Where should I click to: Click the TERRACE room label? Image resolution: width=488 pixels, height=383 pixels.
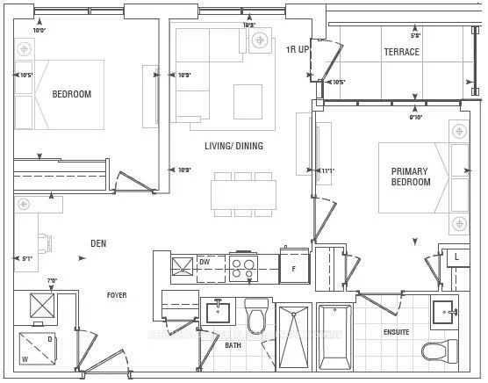[x=401, y=52]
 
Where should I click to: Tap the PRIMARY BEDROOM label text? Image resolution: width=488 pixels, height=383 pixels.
[x=411, y=177]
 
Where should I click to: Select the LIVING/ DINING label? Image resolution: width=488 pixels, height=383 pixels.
[x=233, y=146]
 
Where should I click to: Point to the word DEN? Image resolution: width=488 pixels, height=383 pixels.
[x=98, y=243]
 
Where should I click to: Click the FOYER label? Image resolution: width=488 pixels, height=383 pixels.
[x=117, y=295]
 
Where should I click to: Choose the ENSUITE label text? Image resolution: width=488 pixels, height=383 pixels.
[x=396, y=332]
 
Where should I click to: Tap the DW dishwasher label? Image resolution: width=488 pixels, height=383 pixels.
[x=204, y=262]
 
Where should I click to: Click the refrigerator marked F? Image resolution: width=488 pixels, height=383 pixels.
[x=294, y=268]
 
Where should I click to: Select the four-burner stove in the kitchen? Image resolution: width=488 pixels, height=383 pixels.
[x=243, y=268]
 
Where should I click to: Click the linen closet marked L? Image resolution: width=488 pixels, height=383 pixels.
[x=456, y=257]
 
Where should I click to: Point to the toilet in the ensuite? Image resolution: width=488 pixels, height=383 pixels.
[x=440, y=351]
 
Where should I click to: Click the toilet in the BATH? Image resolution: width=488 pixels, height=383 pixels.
[x=256, y=318]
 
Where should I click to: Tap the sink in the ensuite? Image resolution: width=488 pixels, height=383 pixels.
[x=445, y=312]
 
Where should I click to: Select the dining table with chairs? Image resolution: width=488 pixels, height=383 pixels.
[x=243, y=194]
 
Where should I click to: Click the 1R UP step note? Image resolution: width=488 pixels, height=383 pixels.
[x=298, y=49]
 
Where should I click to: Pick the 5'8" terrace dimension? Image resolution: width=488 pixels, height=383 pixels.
[x=415, y=36]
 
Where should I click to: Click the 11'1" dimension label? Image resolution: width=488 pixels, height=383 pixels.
[x=327, y=170]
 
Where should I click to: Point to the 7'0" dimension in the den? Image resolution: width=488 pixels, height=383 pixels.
[x=52, y=280]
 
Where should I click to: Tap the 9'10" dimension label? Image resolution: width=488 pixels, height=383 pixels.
[x=415, y=116]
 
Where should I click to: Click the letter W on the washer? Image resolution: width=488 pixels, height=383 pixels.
[x=25, y=358]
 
